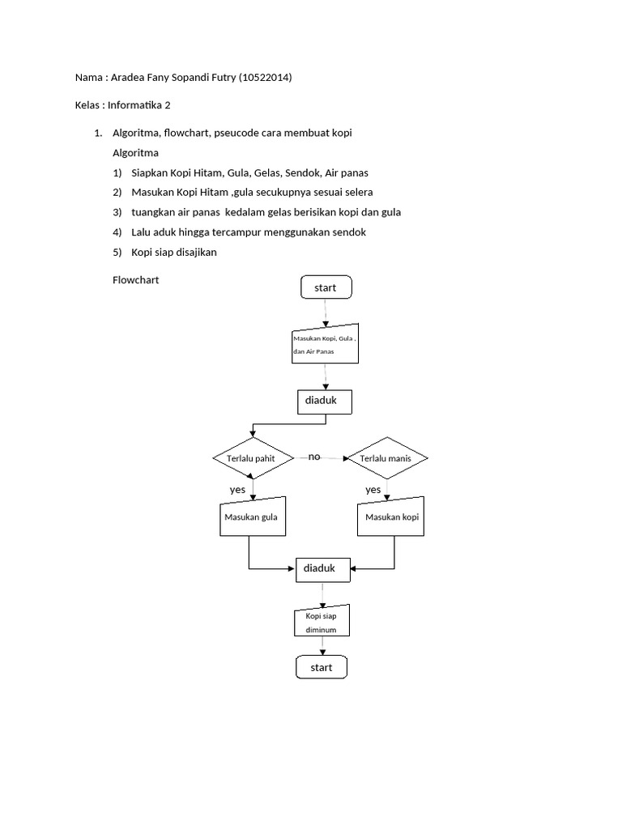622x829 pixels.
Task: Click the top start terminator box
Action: click(326, 287)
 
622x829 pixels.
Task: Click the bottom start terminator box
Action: click(322, 667)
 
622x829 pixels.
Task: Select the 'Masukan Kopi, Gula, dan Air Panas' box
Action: click(324, 346)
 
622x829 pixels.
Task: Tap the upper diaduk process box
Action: click(324, 401)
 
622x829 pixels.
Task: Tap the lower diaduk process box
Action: click(324, 569)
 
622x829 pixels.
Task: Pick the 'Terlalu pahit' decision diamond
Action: click(254, 458)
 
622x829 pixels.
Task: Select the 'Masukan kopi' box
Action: click(392, 517)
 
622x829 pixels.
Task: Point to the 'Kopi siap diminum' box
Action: click(322, 622)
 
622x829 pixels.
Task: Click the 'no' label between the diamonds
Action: click(314, 457)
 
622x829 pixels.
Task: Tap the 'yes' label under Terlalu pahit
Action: click(237, 490)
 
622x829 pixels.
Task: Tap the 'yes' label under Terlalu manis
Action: click(373, 490)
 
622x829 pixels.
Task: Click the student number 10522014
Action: click(266, 78)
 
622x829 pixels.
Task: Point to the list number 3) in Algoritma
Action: click(118, 212)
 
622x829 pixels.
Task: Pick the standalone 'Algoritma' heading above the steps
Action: click(135, 152)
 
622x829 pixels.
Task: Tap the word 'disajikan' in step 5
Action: click(193, 252)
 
